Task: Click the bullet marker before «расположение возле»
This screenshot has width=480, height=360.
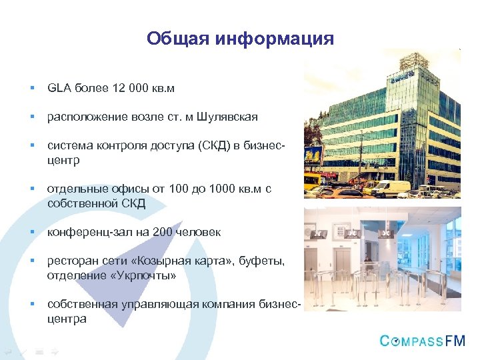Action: tap(31, 117)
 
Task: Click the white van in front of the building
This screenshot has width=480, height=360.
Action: tap(390, 189)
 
